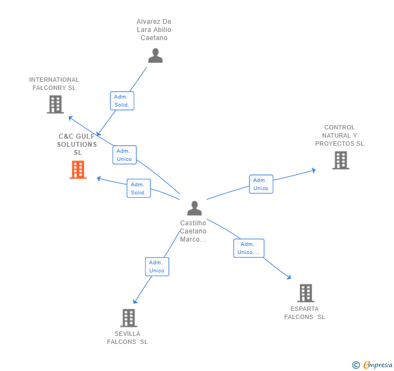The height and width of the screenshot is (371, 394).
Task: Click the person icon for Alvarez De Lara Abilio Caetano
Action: click(155, 56)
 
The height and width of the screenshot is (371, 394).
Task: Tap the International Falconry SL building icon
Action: click(55, 105)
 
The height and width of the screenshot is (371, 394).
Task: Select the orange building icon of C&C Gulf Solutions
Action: click(78, 170)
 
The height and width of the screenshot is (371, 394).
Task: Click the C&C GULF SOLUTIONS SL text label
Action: click(77, 145)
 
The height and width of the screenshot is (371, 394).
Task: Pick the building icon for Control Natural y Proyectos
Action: click(340, 160)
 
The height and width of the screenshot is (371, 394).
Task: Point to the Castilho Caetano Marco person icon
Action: click(194, 208)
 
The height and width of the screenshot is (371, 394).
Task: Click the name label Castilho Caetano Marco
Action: click(193, 231)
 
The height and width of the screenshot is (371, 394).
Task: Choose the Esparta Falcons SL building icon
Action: click(306, 293)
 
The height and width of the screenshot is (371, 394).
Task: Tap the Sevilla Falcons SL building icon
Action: click(128, 318)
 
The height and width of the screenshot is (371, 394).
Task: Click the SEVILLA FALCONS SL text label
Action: click(127, 338)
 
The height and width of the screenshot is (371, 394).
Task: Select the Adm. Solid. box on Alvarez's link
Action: click(122, 101)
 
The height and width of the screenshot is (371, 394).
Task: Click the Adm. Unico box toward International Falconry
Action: click(124, 155)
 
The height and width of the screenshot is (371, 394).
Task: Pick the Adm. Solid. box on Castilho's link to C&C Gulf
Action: click(139, 188)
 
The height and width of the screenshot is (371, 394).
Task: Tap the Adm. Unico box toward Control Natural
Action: click(261, 184)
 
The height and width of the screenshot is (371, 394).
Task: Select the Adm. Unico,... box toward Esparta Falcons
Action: click(249, 248)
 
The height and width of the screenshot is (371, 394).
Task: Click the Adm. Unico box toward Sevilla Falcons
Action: click(157, 266)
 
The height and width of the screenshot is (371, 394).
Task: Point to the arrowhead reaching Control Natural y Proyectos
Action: click(313, 171)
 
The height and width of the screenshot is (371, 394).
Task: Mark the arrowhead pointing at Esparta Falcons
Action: click(289, 277)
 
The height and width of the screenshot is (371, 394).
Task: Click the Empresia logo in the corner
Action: click(373, 365)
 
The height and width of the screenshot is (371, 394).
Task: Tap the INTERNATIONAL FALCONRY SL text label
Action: click(54, 83)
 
